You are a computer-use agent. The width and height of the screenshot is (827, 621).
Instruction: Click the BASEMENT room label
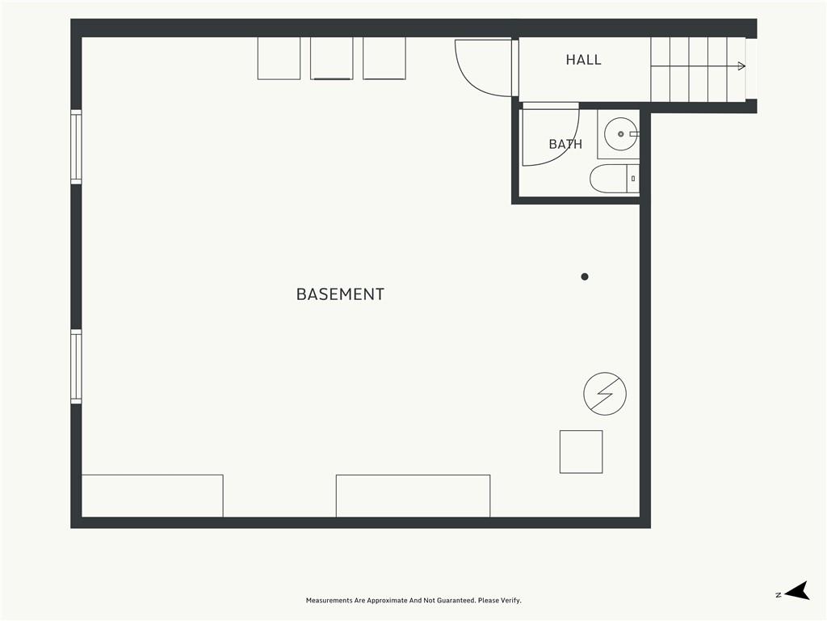pos(340,294)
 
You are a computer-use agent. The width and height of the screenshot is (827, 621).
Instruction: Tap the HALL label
pos(583,60)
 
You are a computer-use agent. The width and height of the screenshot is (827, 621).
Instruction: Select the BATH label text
pos(565,144)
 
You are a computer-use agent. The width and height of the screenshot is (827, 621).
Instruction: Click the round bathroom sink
pos(621,134)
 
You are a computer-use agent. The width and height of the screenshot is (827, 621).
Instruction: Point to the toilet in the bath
pos(615,179)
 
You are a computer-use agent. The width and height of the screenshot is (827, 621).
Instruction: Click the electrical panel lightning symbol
pos(605,394)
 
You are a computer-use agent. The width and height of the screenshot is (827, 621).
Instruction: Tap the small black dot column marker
pos(585,277)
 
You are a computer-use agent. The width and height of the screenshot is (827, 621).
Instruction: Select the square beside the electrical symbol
pos(581,452)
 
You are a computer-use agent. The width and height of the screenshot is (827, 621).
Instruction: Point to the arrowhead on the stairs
pos(741,66)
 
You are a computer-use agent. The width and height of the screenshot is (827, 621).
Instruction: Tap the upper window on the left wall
pos(77,147)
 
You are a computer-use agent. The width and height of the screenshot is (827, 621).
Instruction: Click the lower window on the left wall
pos(77,367)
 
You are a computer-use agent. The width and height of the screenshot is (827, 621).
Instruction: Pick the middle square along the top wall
pos(332,58)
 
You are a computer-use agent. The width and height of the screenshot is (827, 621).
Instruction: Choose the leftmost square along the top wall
pos(279,58)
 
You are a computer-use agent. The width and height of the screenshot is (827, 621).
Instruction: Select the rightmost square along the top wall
pos(384,58)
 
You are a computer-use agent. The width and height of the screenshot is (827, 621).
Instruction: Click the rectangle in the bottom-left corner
pos(153,496)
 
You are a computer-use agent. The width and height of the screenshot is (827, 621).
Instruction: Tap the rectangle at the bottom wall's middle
pos(413,496)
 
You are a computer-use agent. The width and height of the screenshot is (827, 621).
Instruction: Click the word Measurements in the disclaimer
pos(330,601)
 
